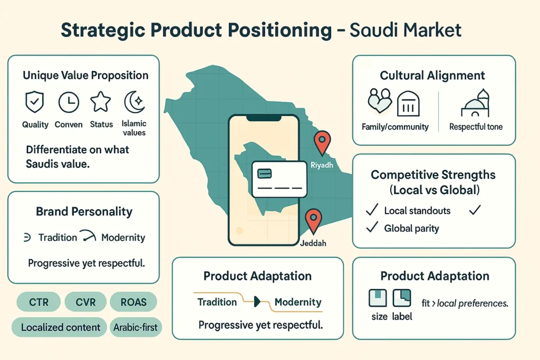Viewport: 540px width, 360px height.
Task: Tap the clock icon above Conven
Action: [69, 102]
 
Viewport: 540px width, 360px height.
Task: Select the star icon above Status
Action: [101, 101]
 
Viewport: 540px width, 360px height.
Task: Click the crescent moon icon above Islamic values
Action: [133, 101]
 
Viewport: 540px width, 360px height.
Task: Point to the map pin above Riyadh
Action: [321, 142]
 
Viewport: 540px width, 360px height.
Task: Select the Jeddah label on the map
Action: [314, 244]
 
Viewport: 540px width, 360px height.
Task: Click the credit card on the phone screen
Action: [279, 179]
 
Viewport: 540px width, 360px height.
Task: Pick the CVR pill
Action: [85, 303]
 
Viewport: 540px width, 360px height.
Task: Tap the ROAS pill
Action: [133, 303]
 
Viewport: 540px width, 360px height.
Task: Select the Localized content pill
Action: [61, 327]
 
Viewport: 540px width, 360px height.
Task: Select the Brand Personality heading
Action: [84, 212]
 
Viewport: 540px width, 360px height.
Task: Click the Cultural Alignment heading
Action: [433, 76]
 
